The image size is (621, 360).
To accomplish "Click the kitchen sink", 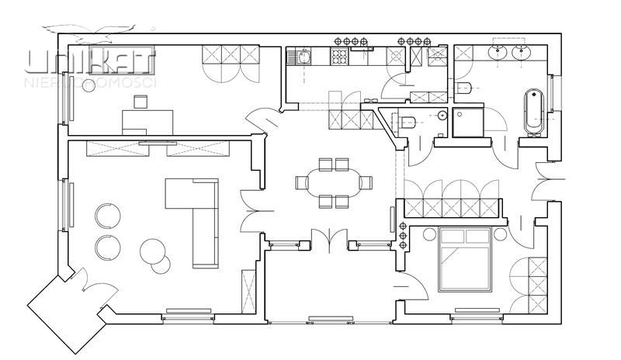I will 300,57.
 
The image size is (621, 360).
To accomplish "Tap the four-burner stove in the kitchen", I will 341,57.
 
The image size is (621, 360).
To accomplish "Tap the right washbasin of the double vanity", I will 522,53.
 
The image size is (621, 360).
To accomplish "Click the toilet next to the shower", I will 464,88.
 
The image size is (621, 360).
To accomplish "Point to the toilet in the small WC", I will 408,121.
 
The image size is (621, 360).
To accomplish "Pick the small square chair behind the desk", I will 140,102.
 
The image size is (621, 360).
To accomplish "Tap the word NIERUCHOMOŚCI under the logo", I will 92,81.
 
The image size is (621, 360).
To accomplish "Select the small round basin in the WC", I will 442,115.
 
